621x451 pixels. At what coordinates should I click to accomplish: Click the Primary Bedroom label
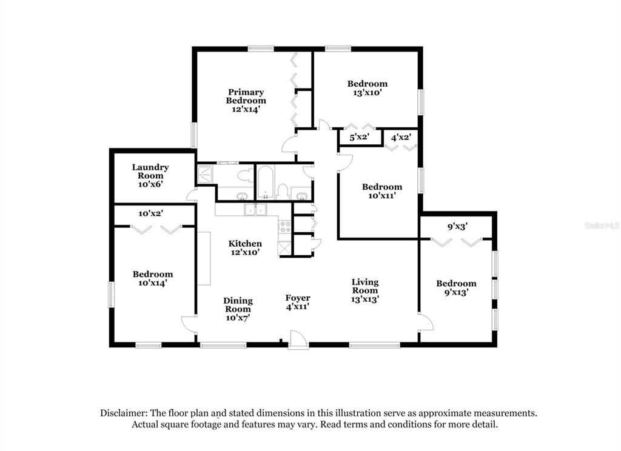pyautogui.click(x=246, y=101)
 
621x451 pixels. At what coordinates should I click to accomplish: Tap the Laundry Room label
pyautogui.click(x=150, y=175)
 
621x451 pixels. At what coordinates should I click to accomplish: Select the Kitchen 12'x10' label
pyautogui.click(x=245, y=247)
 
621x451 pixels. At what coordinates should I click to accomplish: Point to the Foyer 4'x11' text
pyautogui.click(x=298, y=302)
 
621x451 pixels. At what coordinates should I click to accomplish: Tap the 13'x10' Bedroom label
pyautogui.click(x=368, y=88)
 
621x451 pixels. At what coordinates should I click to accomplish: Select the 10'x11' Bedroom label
pyautogui.click(x=382, y=191)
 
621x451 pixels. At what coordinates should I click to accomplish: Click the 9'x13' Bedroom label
pyautogui.click(x=456, y=287)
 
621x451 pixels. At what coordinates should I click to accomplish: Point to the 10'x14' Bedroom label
pyautogui.click(x=153, y=278)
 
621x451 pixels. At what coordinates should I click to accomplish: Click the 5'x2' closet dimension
pyautogui.click(x=359, y=138)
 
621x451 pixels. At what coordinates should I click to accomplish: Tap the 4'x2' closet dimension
pyautogui.click(x=401, y=138)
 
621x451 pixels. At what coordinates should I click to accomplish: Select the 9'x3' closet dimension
pyautogui.click(x=458, y=227)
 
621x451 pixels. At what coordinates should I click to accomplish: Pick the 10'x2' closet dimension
pyautogui.click(x=151, y=213)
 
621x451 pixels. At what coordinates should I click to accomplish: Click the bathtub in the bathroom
pyautogui.click(x=265, y=182)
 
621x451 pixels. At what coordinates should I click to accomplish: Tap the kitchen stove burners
pyautogui.click(x=285, y=227)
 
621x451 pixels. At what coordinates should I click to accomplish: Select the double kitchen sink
pyautogui.click(x=256, y=210)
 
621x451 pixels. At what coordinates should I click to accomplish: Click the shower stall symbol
pyautogui.click(x=206, y=174)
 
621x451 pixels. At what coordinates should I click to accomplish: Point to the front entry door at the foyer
pyautogui.click(x=298, y=339)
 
